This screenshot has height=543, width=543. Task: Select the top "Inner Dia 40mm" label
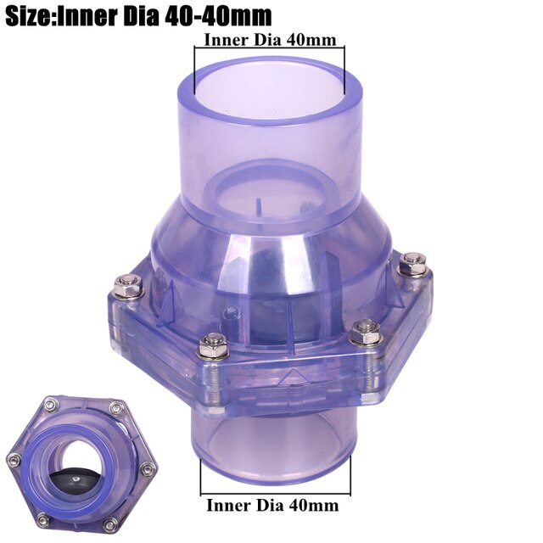click(270, 39)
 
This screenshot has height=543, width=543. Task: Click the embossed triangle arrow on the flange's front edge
click(293, 374)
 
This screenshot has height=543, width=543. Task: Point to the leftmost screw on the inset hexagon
click(14, 460)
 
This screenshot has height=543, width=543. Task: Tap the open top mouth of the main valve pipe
click(270, 85)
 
